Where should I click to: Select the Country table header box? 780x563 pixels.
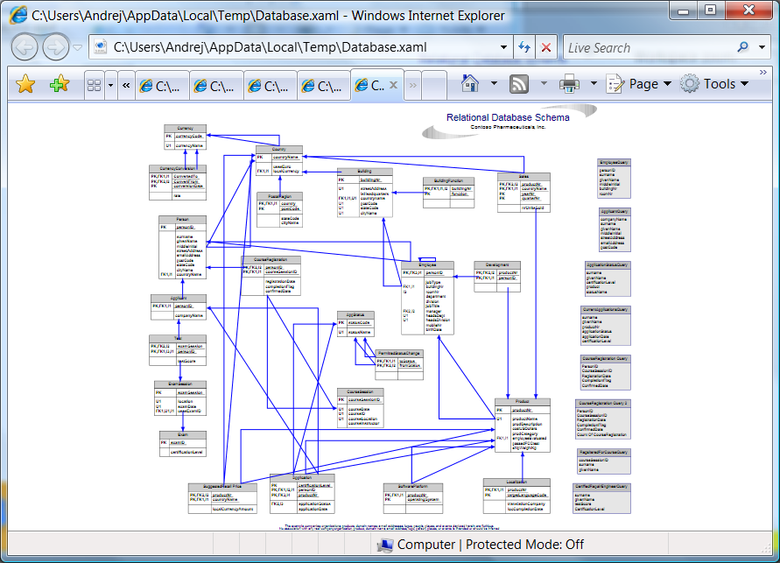(279, 150)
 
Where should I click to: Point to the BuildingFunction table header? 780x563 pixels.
(448, 180)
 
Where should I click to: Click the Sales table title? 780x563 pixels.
(523, 176)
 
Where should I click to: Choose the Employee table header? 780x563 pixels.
(427, 264)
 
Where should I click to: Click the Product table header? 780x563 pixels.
(522, 402)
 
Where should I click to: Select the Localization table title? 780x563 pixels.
(516, 482)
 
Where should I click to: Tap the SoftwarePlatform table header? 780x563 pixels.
(410, 486)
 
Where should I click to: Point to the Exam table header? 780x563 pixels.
(182, 434)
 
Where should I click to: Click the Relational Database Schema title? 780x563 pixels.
(508, 117)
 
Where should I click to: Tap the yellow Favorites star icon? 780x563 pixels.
(25, 84)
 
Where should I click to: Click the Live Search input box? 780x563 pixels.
(648, 48)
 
